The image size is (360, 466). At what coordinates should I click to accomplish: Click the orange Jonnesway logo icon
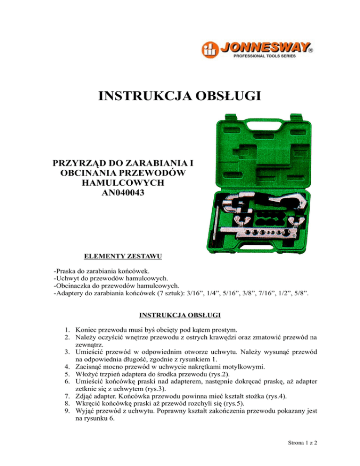pyautogui.click(x=209, y=49)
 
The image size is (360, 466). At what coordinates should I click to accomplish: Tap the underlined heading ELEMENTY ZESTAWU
pyautogui.click(x=123, y=256)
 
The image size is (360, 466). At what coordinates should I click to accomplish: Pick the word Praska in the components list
pyautogui.click(x=67, y=271)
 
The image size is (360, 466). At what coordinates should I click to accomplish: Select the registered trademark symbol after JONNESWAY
pyautogui.click(x=310, y=49)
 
